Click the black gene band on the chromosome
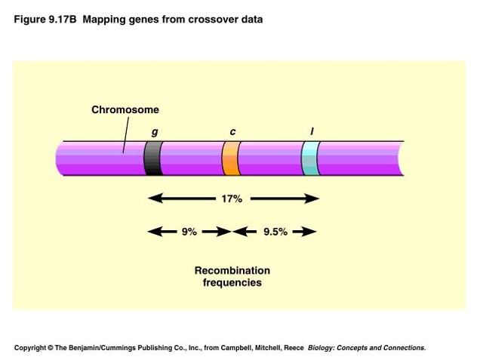click(x=153, y=158)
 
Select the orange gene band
click(x=231, y=158)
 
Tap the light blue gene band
click(x=310, y=158)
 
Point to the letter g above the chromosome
click(x=155, y=132)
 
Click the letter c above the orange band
click(x=232, y=131)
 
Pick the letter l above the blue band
click(x=312, y=131)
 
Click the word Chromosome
click(x=125, y=109)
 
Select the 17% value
click(x=232, y=199)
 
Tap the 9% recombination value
click(x=189, y=232)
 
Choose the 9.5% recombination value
click(x=275, y=232)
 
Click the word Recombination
click(x=232, y=271)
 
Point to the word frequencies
click(x=232, y=282)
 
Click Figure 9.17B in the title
click(x=45, y=20)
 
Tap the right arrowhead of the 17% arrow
click(x=312, y=198)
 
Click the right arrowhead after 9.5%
click(x=309, y=232)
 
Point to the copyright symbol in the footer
click(x=51, y=348)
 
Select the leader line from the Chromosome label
click(x=125, y=134)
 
